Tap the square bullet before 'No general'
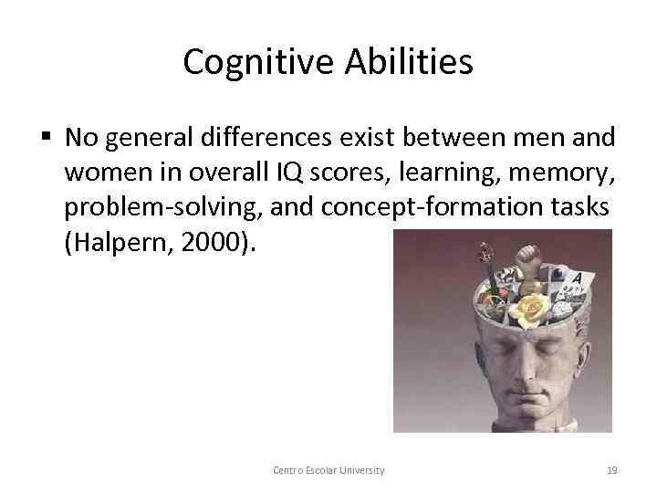pos(47,138)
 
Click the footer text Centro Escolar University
pos(328,470)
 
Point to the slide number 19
pos(611,470)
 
